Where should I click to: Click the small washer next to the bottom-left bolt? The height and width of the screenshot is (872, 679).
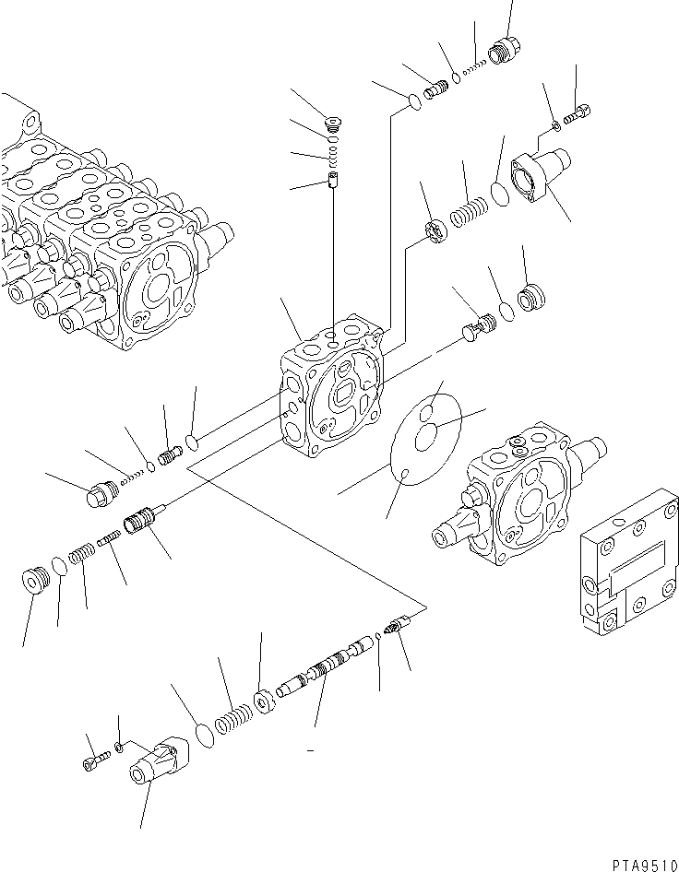tap(120, 746)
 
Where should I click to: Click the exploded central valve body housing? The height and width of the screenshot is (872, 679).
tap(330, 392)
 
